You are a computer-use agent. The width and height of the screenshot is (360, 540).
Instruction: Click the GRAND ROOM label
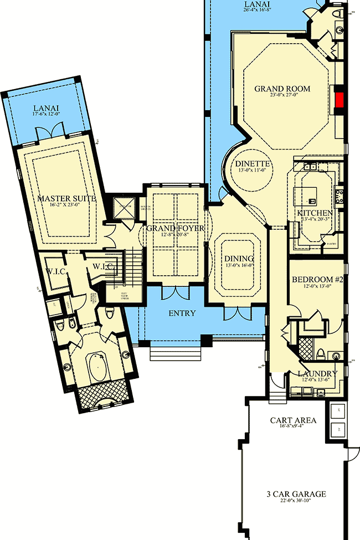click(x=282, y=89)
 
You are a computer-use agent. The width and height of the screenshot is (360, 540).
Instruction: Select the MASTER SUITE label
click(x=67, y=198)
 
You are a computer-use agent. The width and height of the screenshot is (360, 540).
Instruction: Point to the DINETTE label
click(x=252, y=164)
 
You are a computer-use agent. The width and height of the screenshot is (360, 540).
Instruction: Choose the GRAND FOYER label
click(x=175, y=228)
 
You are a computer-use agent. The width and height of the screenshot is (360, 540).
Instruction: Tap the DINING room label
click(x=239, y=259)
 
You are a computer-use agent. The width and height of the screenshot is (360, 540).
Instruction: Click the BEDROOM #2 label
click(x=318, y=279)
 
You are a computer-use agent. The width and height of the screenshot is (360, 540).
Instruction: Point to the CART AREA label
click(x=294, y=420)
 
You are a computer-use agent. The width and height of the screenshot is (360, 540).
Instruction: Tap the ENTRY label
click(x=182, y=313)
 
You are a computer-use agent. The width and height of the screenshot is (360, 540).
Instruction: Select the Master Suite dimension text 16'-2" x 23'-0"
click(x=67, y=205)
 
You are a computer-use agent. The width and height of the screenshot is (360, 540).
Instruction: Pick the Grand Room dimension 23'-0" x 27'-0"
click(x=282, y=96)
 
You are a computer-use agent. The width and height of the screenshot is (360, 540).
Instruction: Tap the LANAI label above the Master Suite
click(x=47, y=108)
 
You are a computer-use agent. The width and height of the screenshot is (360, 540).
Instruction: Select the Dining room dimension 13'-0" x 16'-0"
click(x=239, y=266)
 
